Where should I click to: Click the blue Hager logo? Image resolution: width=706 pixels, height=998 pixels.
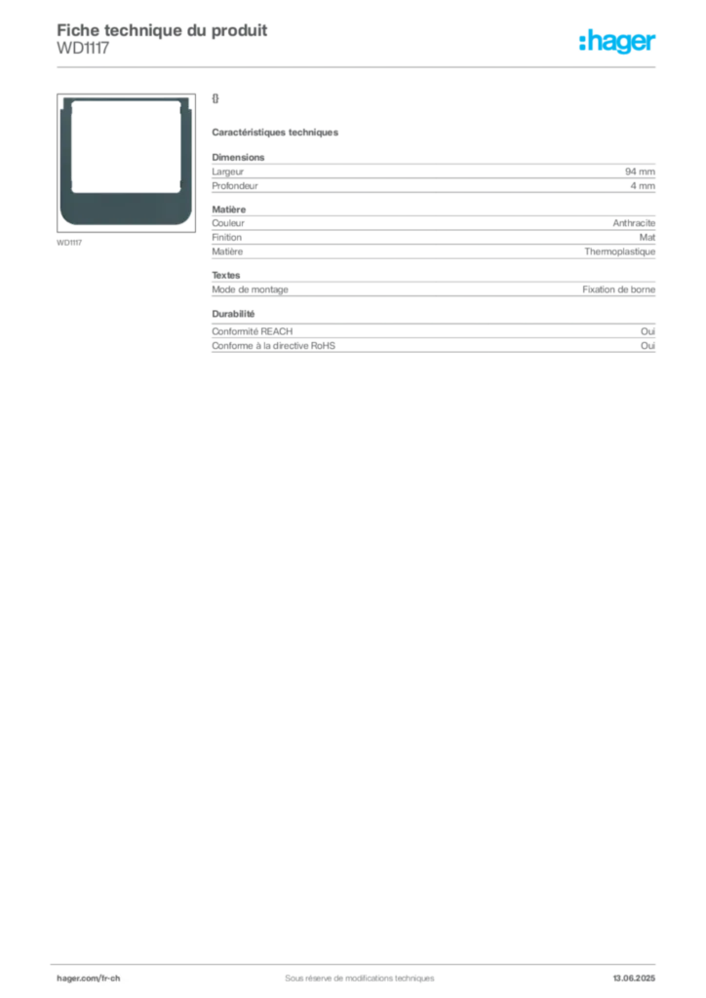coord(619,43)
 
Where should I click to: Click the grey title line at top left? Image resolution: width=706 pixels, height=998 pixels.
coord(162,28)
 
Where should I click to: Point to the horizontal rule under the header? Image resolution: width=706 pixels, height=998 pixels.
coord(358,66)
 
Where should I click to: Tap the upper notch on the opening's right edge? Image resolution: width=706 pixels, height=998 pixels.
coord(176,113)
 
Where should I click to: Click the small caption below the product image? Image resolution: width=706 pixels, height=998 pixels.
coord(70,241)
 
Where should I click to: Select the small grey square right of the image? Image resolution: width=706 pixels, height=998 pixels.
coord(218,96)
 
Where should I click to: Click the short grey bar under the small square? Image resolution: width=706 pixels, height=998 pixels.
coord(276,133)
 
